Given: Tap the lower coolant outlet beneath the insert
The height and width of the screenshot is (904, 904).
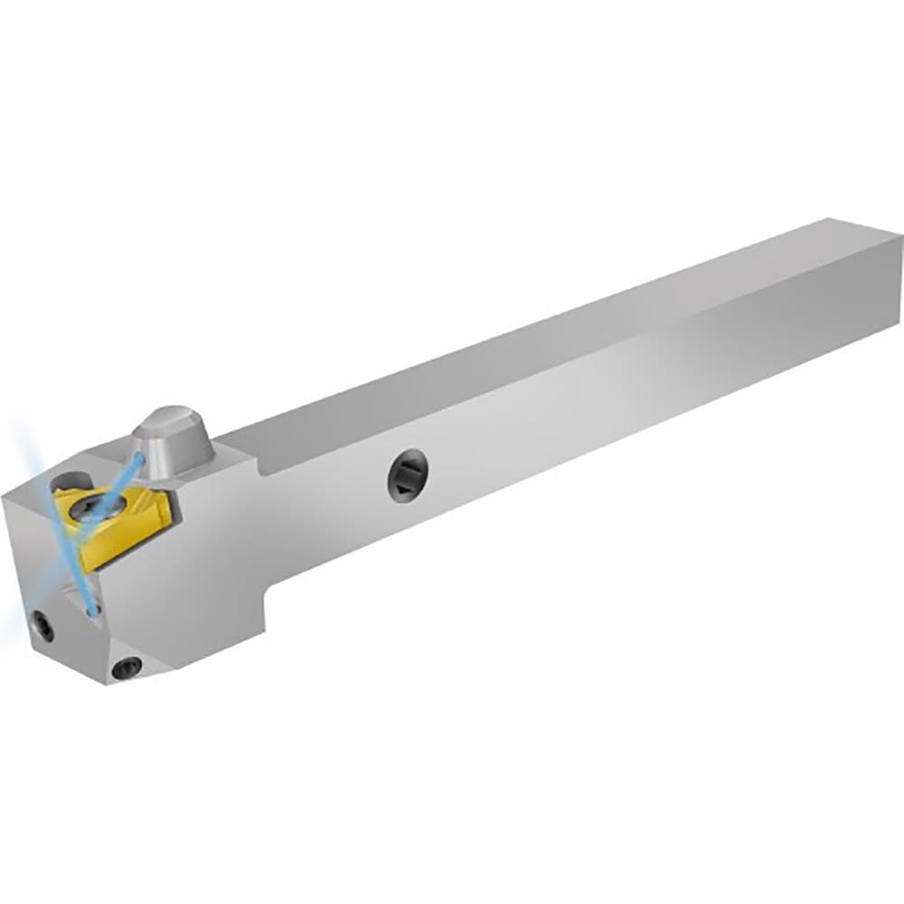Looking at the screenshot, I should (92, 611).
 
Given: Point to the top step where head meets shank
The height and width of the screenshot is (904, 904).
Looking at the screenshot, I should (258, 470).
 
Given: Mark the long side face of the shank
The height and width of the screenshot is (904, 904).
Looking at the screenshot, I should (588, 425).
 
